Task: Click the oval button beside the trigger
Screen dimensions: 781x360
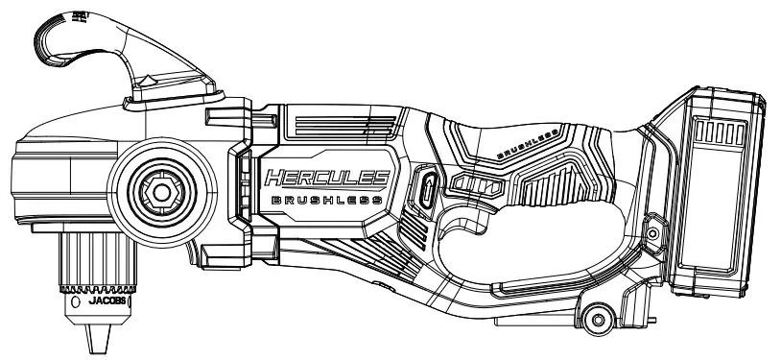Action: pos(427,189)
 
